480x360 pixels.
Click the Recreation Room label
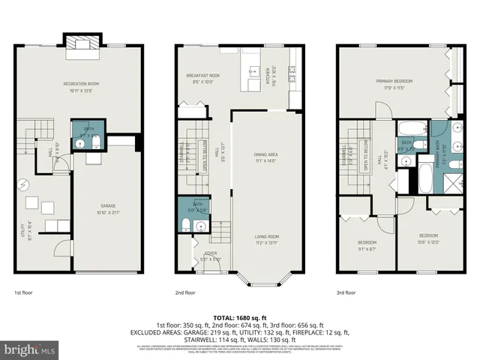(x=81, y=83)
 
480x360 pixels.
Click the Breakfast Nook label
(x=202, y=76)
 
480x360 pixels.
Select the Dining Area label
(x=265, y=154)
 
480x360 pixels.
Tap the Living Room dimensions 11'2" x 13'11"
(x=266, y=243)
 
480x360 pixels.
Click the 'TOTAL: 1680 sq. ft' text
(x=239, y=317)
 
